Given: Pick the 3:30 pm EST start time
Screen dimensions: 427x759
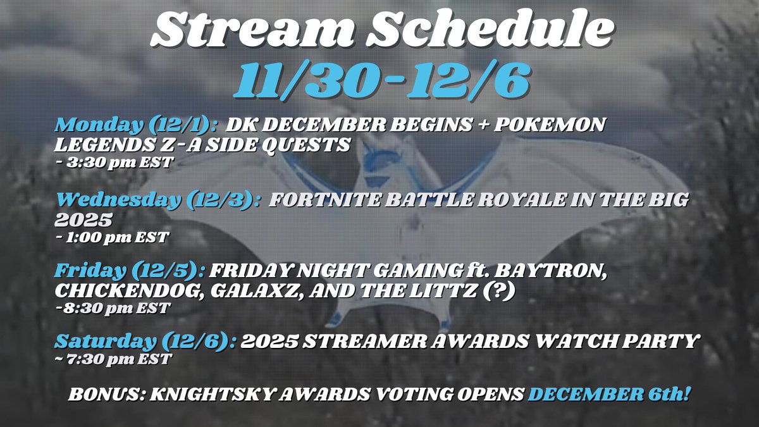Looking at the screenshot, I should pos(118,162).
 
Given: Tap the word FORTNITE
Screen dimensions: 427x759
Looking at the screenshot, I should pos(323,201).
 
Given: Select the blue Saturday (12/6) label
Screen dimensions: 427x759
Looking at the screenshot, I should pos(145,342).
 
